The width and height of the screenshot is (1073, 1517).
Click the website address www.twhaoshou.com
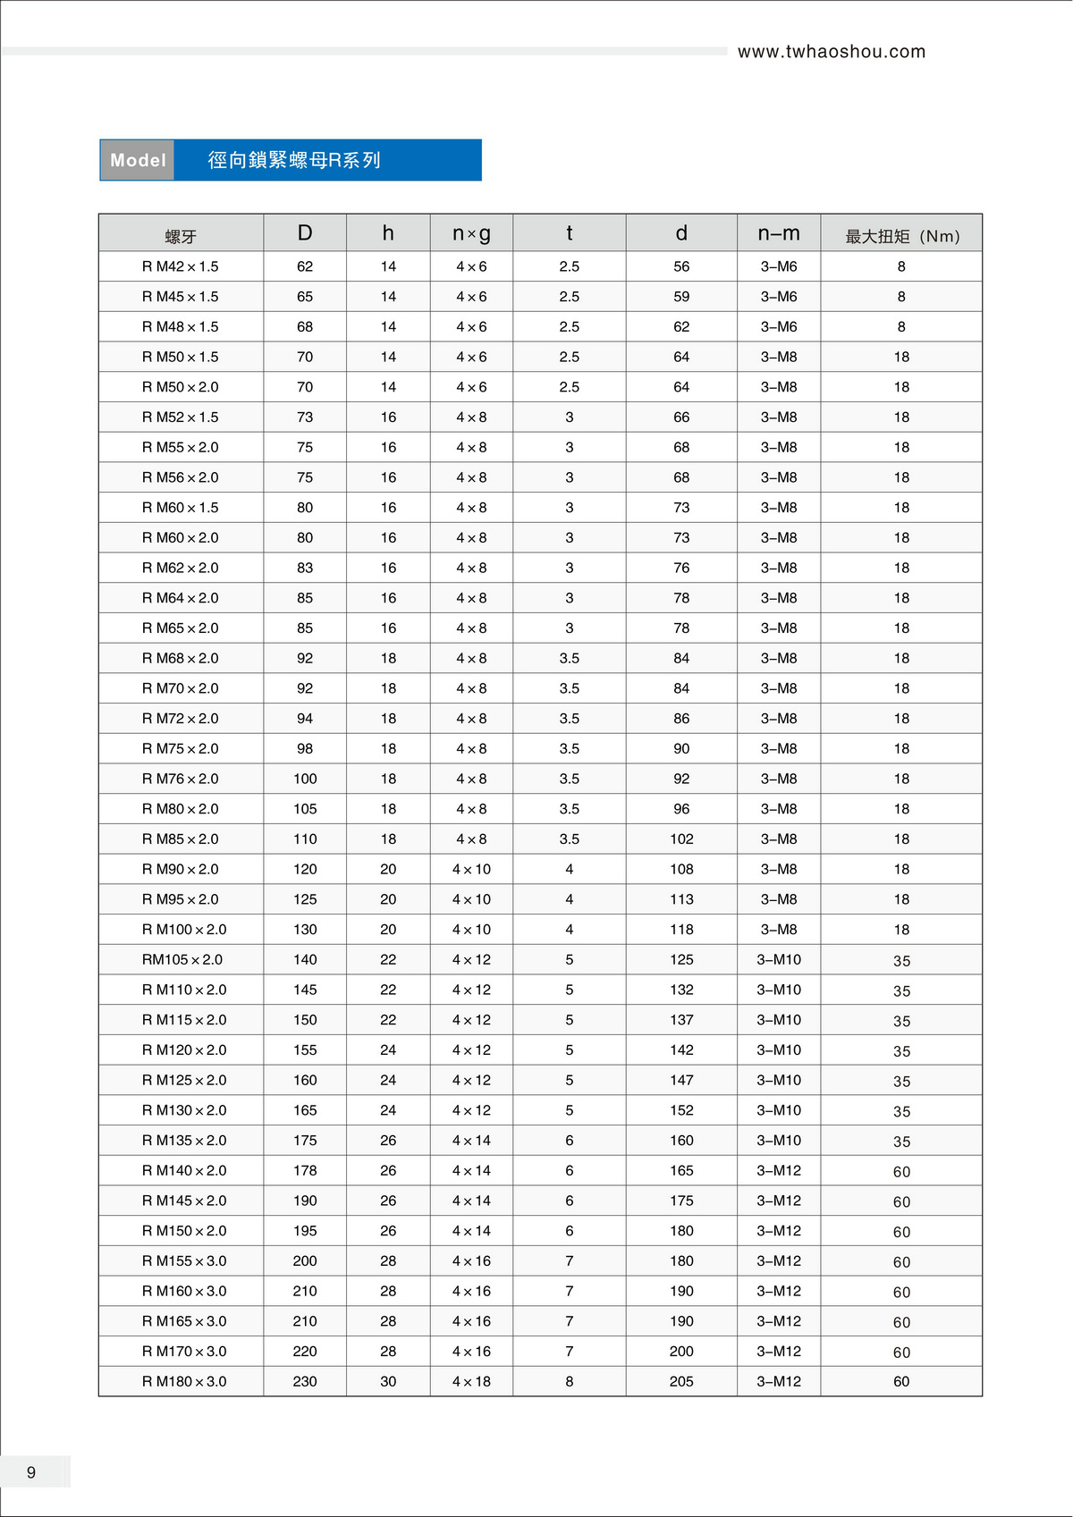pyautogui.click(x=831, y=52)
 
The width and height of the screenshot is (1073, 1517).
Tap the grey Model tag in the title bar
pyautogui.click(x=138, y=160)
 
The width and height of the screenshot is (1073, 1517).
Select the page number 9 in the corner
pyautogui.click(x=31, y=1472)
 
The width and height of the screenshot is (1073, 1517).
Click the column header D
pyautogui.click(x=305, y=233)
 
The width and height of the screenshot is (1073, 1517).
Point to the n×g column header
pyautogui.click(x=471, y=233)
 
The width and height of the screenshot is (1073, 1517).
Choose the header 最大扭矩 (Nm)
pyautogui.click(x=901, y=236)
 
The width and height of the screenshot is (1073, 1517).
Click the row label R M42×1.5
pyautogui.click(x=180, y=266)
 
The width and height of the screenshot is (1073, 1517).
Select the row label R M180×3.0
pyautogui.click(x=184, y=1381)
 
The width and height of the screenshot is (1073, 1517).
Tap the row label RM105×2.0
pyautogui.click(x=182, y=959)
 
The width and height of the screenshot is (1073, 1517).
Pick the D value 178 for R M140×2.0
pyautogui.click(x=305, y=1170)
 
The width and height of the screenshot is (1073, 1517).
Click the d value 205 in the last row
pyautogui.click(x=681, y=1381)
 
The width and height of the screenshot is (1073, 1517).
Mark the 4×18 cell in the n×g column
pyautogui.click(x=471, y=1381)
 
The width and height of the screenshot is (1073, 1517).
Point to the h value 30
pyautogui.click(x=388, y=1381)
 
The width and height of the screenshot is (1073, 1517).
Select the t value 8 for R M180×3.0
pyautogui.click(x=570, y=1381)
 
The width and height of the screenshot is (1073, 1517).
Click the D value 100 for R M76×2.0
pyautogui.click(x=305, y=779)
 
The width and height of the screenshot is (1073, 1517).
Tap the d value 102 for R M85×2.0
pyautogui.click(x=681, y=839)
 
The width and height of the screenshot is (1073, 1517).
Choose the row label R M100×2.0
pyautogui.click(x=184, y=930)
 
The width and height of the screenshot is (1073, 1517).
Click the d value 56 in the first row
pyautogui.click(x=681, y=266)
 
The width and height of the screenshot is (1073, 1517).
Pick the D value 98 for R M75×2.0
pyautogui.click(x=305, y=748)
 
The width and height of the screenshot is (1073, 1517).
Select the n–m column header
pyautogui.click(x=779, y=233)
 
